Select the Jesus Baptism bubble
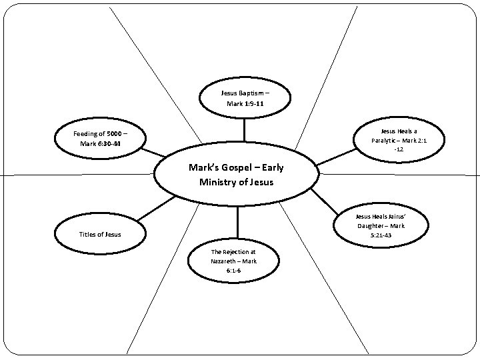point(245,98)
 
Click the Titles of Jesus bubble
point(100,234)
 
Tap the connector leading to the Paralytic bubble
point(337,157)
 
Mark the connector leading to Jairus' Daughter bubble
point(325,200)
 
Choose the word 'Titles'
point(89,234)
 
